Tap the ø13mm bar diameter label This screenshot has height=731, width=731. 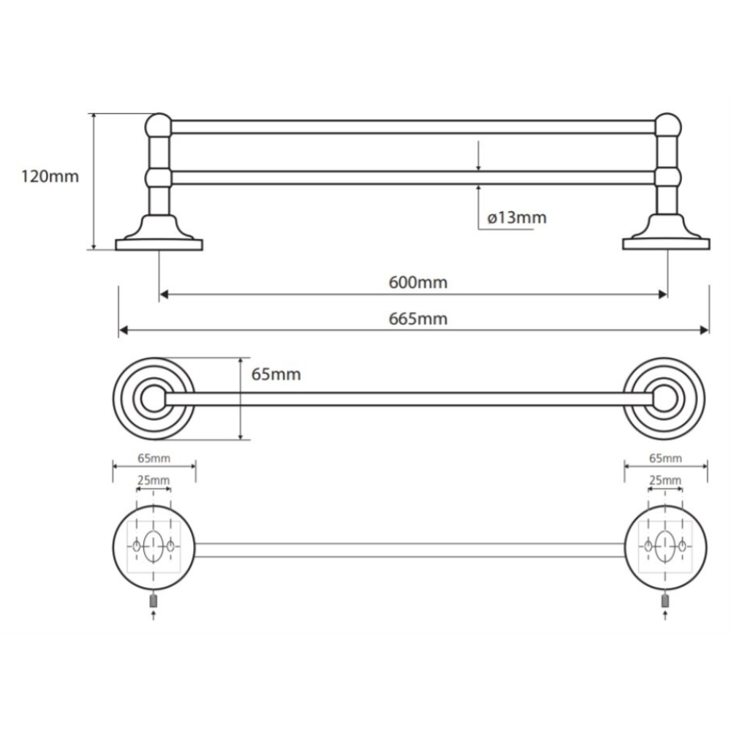click(x=516, y=217)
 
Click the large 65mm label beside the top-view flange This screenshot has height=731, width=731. click(x=276, y=374)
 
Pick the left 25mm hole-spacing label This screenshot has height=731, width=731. click(x=154, y=480)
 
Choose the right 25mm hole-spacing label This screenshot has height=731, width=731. click(x=665, y=480)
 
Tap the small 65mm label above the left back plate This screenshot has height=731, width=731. click(x=154, y=458)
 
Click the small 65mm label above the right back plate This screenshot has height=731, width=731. click(x=665, y=458)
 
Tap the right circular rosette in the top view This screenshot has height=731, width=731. click(x=664, y=398)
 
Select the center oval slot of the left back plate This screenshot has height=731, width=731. click(x=154, y=545)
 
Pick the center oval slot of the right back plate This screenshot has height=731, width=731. click(x=664, y=545)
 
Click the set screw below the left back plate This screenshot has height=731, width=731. click(x=154, y=601)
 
